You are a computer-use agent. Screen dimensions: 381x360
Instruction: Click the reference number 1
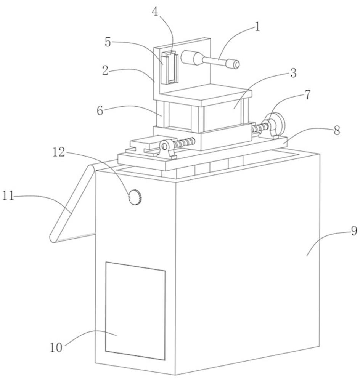coord(257,27)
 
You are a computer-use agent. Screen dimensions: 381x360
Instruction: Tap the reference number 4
coord(154,11)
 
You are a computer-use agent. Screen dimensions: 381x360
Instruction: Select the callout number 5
coord(108,42)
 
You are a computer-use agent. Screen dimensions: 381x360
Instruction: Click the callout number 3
coord(293,73)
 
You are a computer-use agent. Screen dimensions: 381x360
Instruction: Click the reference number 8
coord(336,130)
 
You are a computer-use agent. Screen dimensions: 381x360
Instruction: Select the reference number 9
coord(354,231)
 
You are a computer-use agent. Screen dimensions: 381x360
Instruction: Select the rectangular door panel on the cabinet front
coord(135,311)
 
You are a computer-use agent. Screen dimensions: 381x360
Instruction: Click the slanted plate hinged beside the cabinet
coord(71,204)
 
